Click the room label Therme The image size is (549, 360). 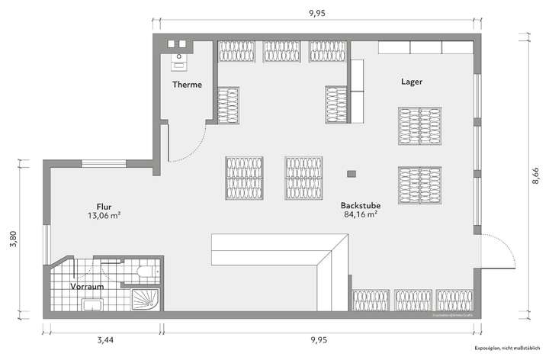pyautogui.click(x=187, y=85)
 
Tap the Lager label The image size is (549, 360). pyautogui.click(x=411, y=81)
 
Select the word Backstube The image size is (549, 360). pyautogui.click(x=361, y=205)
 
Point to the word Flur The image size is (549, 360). pyautogui.click(x=104, y=207)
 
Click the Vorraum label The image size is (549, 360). pyautogui.click(x=87, y=287)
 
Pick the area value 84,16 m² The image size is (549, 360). pyautogui.click(x=361, y=215)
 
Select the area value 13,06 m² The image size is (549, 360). pyautogui.click(x=104, y=217)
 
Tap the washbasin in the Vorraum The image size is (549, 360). pyautogui.click(x=93, y=307)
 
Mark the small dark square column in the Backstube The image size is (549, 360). pyautogui.click(x=351, y=174)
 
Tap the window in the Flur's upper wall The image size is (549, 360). pyautogui.click(x=105, y=162)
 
